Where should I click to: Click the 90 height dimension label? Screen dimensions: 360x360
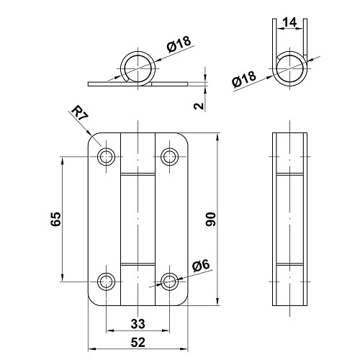coord(211,220)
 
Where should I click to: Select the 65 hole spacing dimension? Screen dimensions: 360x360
coord(56,219)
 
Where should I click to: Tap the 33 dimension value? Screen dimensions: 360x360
coord(138,324)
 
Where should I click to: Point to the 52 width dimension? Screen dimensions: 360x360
coord(138,342)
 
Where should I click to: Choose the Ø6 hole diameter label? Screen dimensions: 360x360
coord(201,266)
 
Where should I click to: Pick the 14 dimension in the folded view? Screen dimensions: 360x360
coord(289,22)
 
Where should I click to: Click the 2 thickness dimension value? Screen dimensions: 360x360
coord(199,106)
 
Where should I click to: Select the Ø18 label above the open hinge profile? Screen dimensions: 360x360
coord(179,44)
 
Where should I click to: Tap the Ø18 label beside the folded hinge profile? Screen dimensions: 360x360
coord(244,79)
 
